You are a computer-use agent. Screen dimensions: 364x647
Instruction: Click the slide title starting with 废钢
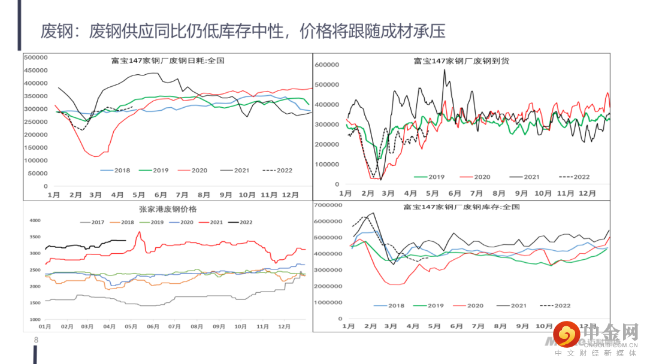pyautogui.click(x=243, y=31)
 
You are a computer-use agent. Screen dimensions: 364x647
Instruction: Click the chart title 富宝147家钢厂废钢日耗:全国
pyautogui.click(x=167, y=60)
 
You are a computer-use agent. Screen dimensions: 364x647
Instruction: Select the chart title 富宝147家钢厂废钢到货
pyautogui.click(x=461, y=60)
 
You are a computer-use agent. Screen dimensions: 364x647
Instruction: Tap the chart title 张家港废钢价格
pyautogui.click(x=167, y=209)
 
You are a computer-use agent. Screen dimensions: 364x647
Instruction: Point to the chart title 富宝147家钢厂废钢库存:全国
pyautogui.click(x=461, y=207)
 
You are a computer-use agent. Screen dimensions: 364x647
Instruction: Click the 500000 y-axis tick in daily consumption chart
pyautogui.click(x=35, y=57)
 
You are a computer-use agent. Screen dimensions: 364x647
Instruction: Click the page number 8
pyautogui.click(x=37, y=340)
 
